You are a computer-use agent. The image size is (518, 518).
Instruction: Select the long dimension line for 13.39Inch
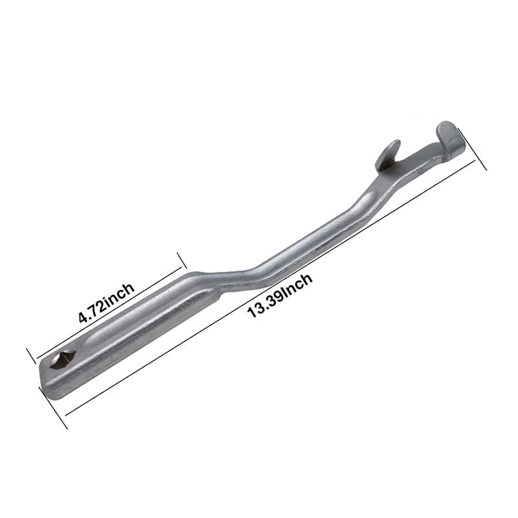coord(272,291)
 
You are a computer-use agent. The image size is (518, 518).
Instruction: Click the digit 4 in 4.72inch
coord(82,318)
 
